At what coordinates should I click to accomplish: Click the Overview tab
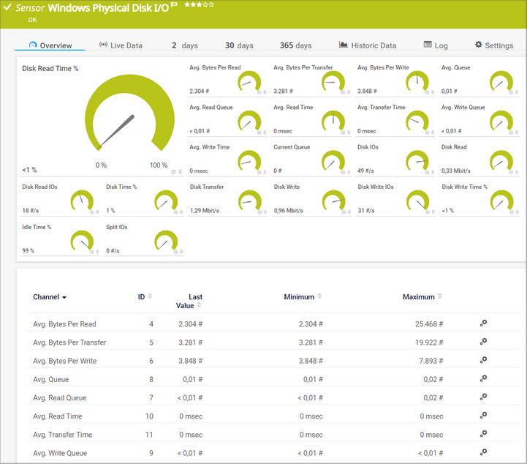click(50, 45)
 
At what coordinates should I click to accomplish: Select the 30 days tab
click(239, 45)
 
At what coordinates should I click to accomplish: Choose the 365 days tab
click(295, 45)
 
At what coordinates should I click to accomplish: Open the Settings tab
click(494, 45)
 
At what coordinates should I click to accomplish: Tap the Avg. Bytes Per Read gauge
click(249, 81)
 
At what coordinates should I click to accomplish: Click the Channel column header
click(50, 297)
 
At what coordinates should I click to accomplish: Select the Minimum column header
click(299, 297)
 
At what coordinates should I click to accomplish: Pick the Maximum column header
click(418, 297)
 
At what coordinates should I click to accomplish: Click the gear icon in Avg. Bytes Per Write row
click(483, 360)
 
